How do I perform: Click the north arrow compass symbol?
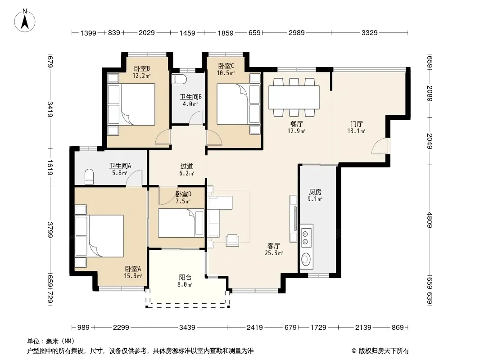[25, 21]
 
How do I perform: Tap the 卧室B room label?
[142, 68]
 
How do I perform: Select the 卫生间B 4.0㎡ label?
[190, 100]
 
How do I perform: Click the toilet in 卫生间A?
[89, 176]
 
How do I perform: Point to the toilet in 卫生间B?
[179, 79]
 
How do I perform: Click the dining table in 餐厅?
[294, 97]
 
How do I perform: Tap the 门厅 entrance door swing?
[380, 146]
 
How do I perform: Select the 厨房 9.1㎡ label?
[315, 195]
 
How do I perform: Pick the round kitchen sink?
[305, 259]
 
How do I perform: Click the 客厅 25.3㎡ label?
[273, 249]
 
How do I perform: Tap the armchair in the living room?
[232, 240]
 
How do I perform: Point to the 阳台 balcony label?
[185, 277]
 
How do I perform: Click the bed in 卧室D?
[181, 223]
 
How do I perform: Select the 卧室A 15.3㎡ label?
[133, 272]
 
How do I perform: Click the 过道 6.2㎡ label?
[186, 170]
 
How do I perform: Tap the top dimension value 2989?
[296, 32]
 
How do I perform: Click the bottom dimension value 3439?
[187, 327]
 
